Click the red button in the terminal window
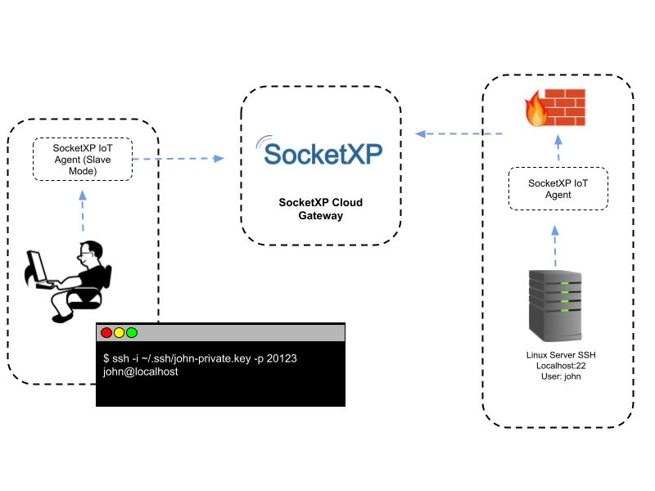point(106,333)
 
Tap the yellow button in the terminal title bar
point(119,333)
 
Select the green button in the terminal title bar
point(132,333)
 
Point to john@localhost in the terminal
point(140,372)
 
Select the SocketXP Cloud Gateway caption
point(320,209)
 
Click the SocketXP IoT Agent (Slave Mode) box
point(82,160)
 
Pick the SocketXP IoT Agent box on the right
point(558,190)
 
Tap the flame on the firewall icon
point(536,111)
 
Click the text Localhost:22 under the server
point(557,366)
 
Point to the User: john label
point(557,376)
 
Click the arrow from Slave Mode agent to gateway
point(178,159)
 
